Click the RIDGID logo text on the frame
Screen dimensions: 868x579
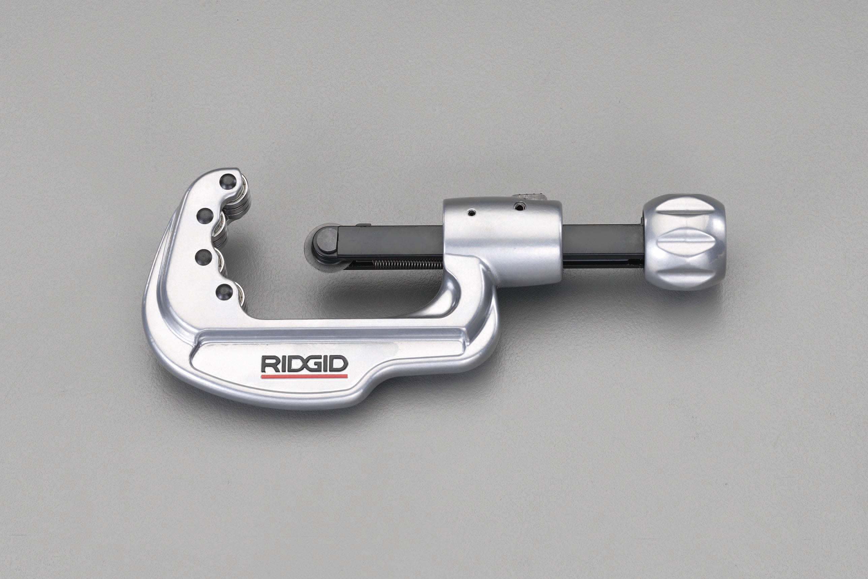click(304, 365)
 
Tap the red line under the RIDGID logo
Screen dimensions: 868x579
click(304, 376)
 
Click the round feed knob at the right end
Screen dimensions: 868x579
click(684, 242)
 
